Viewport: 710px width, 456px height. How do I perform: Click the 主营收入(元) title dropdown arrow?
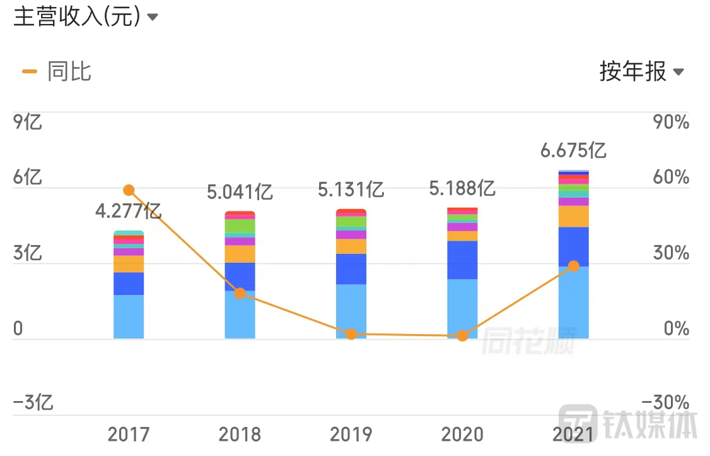point(152,18)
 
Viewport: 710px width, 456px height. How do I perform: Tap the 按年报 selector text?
point(632,72)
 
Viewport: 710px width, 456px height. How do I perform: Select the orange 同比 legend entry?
point(57,71)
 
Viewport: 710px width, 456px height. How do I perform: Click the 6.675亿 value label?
point(573,150)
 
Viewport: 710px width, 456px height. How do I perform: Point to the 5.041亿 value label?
point(240,191)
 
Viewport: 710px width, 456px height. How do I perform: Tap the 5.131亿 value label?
point(351,189)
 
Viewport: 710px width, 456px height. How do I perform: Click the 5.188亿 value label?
point(462,188)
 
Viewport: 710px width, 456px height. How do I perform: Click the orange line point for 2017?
point(129,190)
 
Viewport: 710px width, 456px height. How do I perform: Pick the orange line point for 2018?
point(240,293)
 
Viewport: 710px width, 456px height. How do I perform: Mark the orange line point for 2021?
point(573,266)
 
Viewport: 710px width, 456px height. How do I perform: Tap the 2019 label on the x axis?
point(351,435)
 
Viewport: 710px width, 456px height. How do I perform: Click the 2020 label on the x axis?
point(462,435)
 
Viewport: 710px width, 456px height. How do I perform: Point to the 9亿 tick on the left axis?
point(28,122)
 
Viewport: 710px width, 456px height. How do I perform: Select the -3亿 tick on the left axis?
point(33,402)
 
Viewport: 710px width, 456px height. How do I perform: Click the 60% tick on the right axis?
point(671,178)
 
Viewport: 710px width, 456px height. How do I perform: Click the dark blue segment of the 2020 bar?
point(462,260)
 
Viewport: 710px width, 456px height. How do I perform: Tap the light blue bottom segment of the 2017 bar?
point(129,316)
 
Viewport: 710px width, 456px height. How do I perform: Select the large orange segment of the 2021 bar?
point(573,216)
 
